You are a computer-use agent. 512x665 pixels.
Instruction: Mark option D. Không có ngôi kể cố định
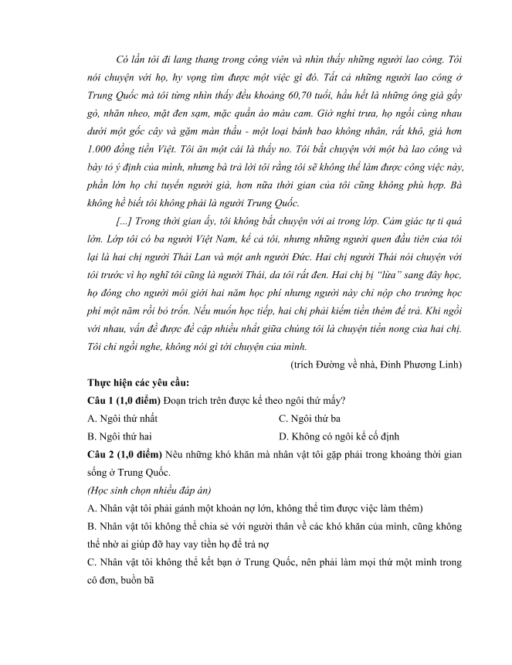point(339,436)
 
